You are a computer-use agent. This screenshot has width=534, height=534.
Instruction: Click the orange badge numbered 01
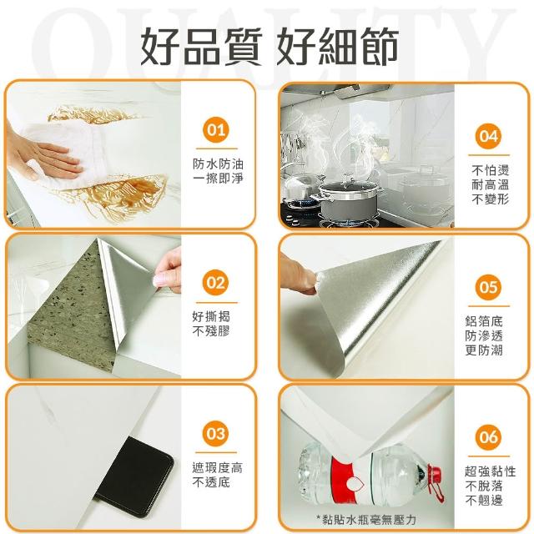216,130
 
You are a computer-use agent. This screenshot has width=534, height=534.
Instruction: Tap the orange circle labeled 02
216,283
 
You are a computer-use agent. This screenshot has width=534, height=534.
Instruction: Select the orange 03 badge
216,434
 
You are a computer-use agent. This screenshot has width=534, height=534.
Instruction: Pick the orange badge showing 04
489,136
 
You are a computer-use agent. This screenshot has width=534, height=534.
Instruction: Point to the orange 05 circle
489,287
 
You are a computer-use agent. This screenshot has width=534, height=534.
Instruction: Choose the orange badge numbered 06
489,437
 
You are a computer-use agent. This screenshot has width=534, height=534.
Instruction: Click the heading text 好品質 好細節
269,46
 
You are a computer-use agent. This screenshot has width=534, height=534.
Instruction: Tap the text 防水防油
218,164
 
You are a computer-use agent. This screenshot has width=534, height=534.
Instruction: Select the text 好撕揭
211,316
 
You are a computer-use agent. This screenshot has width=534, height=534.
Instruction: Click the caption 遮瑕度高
218,467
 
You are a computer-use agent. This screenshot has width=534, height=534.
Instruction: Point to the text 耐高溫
491,184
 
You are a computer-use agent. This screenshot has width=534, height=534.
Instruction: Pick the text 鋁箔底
484,321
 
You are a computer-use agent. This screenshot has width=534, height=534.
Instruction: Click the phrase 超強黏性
491,471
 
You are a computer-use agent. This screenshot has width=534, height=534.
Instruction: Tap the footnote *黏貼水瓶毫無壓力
366,520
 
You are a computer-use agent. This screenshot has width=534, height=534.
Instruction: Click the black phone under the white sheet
134,476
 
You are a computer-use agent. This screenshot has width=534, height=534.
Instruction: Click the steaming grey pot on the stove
347,201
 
